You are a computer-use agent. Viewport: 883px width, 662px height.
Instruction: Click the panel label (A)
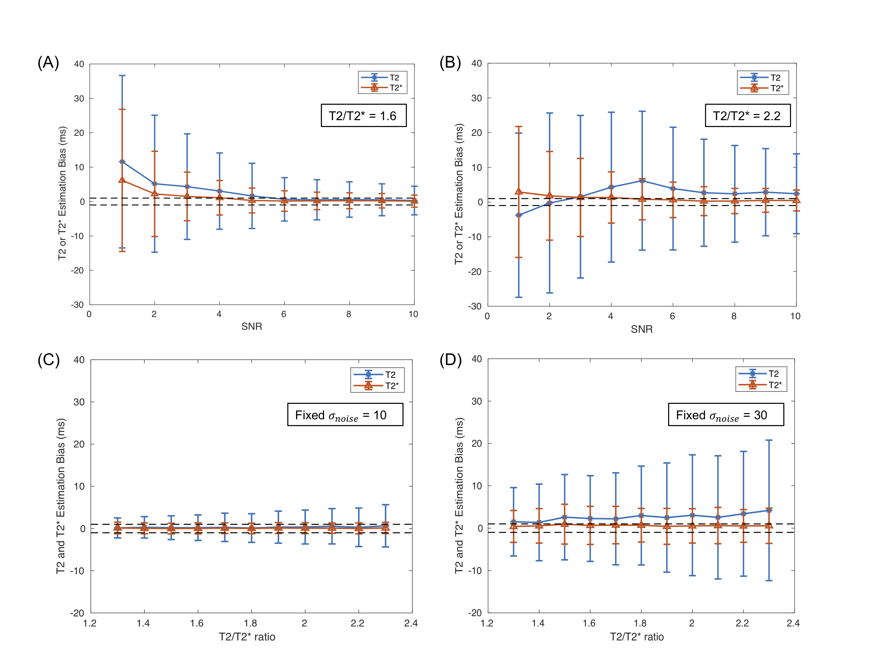point(48,63)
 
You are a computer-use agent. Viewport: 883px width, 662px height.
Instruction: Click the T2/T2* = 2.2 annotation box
point(747,116)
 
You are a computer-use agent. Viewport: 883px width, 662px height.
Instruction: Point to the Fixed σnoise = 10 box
point(345,415)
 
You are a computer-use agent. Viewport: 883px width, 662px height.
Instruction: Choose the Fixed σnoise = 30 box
point(726,415)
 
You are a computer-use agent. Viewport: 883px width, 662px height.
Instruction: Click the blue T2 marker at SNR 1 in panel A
point(122,162)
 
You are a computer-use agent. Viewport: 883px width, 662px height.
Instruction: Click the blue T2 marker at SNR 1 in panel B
point(519,215)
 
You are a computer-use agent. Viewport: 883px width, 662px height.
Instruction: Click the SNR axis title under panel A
point(251,326)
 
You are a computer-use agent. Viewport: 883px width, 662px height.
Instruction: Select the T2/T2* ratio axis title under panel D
point(637,637)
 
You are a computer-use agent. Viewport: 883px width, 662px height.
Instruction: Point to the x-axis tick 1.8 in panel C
point(251,623)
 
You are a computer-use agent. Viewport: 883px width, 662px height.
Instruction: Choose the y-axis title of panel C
point(61,496)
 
